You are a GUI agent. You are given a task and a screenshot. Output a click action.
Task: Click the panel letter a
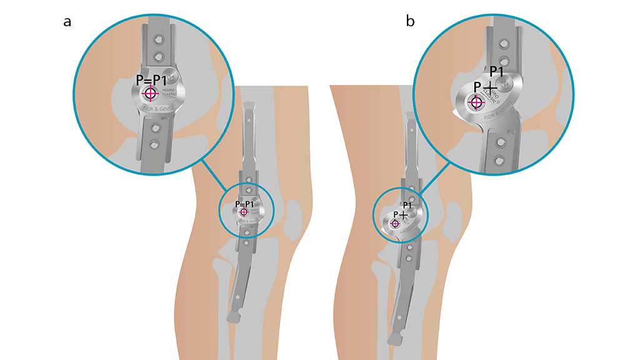(67, 21)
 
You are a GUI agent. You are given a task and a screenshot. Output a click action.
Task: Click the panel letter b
(410, 21)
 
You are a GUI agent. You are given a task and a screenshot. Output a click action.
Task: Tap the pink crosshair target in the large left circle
(150, 94)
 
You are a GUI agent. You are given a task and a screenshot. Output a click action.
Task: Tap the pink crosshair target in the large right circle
(476, 101)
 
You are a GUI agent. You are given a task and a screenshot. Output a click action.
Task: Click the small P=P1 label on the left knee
(244, 204)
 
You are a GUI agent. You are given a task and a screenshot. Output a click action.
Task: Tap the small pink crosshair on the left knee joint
(244, 212)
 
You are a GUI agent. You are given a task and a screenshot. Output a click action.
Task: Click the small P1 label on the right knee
(407, 206)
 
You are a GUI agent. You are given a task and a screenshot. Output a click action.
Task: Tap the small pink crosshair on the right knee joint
(394, 223)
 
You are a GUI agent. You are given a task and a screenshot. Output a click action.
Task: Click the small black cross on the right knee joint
(403, 215)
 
